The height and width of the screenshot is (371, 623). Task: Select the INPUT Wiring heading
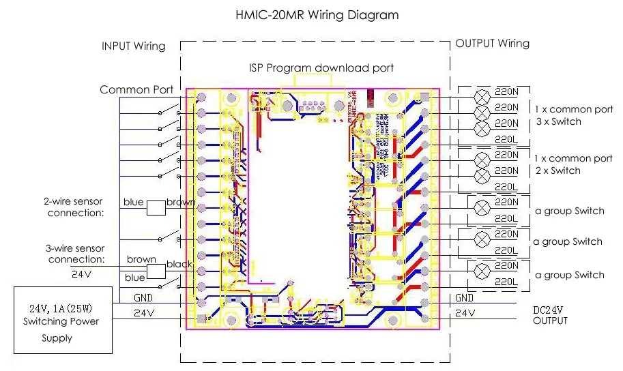(133, 46)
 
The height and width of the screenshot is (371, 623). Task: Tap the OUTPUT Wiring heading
(492, 44)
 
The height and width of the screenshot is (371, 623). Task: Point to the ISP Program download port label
(320, 68)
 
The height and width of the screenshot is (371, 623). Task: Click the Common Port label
(136, 89)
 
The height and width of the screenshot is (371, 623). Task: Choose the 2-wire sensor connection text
(75, 207)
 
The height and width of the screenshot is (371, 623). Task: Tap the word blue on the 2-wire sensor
(134, 203)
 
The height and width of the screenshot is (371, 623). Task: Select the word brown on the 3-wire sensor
(141, 260)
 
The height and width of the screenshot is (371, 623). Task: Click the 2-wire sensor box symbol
(158, 207)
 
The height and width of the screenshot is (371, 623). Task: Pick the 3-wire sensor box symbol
(158, 271)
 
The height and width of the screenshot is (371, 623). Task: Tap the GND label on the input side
(143, 298)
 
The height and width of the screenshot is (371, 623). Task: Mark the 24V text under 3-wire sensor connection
(81, 275)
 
